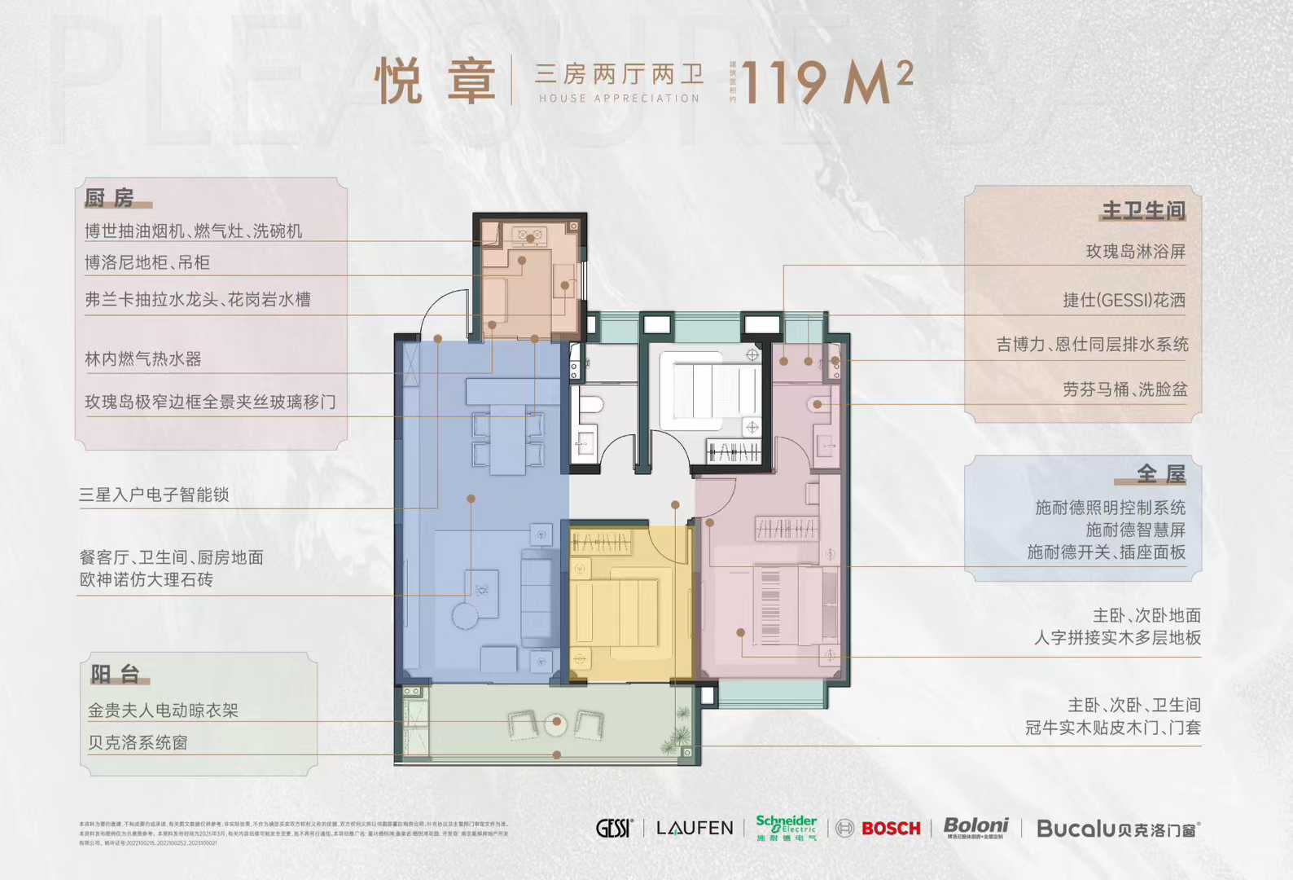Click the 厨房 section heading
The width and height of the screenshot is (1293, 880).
[109, 197]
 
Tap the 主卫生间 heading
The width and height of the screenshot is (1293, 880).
[1143, 210]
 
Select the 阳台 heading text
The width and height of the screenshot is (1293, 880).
[115, 674]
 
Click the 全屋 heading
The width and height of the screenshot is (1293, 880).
[1160, 473]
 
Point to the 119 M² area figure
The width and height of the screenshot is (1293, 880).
[827, 82]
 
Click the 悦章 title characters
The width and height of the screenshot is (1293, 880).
[435, 82]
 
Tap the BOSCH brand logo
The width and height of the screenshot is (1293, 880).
[891, 829]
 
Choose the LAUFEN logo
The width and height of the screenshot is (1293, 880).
[695, 829]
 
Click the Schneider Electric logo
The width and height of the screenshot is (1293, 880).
[786, 827]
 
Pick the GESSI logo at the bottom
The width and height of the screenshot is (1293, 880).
[614, 829]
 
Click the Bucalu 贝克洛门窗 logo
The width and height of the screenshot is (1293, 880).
[1118, 829]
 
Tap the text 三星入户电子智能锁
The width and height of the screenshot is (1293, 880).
[154, 495]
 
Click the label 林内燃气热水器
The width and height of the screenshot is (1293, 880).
[142, 359]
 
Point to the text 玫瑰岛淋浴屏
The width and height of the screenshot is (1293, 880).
[1135, 252]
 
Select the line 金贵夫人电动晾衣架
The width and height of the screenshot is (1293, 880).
[163, 711]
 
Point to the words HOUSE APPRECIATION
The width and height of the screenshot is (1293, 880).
[619, 99]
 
